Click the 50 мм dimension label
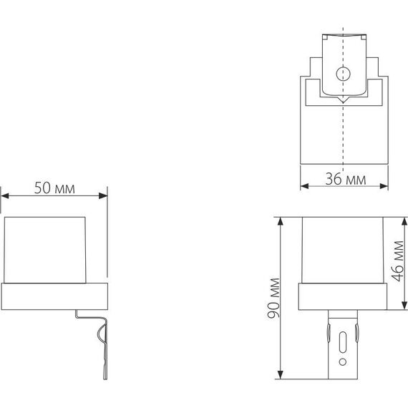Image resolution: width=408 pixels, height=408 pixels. click(x=55, y=189)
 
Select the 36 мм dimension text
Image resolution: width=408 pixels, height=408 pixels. click(x=345, y=178)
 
